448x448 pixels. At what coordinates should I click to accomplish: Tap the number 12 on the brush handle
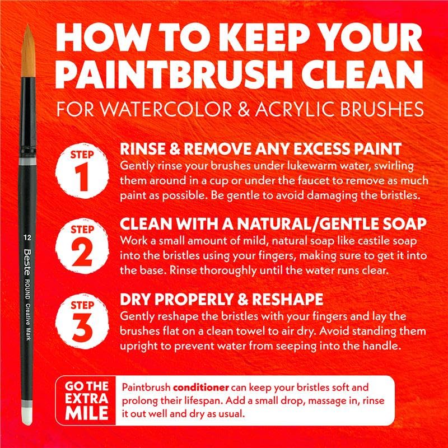[x=27, y=237]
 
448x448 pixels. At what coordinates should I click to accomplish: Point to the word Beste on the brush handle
[x=27, y=262]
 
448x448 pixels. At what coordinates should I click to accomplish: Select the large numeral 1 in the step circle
[x=82, y=177]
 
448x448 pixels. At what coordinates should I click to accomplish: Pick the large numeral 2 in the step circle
[x=82, y=253]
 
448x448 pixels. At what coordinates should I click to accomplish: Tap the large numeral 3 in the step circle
[x=82, y=328]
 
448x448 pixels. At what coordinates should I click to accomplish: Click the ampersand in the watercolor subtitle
[x=244, y=109]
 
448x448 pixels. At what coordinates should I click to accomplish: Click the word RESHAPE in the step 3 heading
[x=287, y=300]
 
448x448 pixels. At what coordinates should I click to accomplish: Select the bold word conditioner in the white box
[x=201, y=388]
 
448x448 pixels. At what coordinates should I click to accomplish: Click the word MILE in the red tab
[x=87, y=413]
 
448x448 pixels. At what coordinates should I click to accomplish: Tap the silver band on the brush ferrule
[x=27, y=161]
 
